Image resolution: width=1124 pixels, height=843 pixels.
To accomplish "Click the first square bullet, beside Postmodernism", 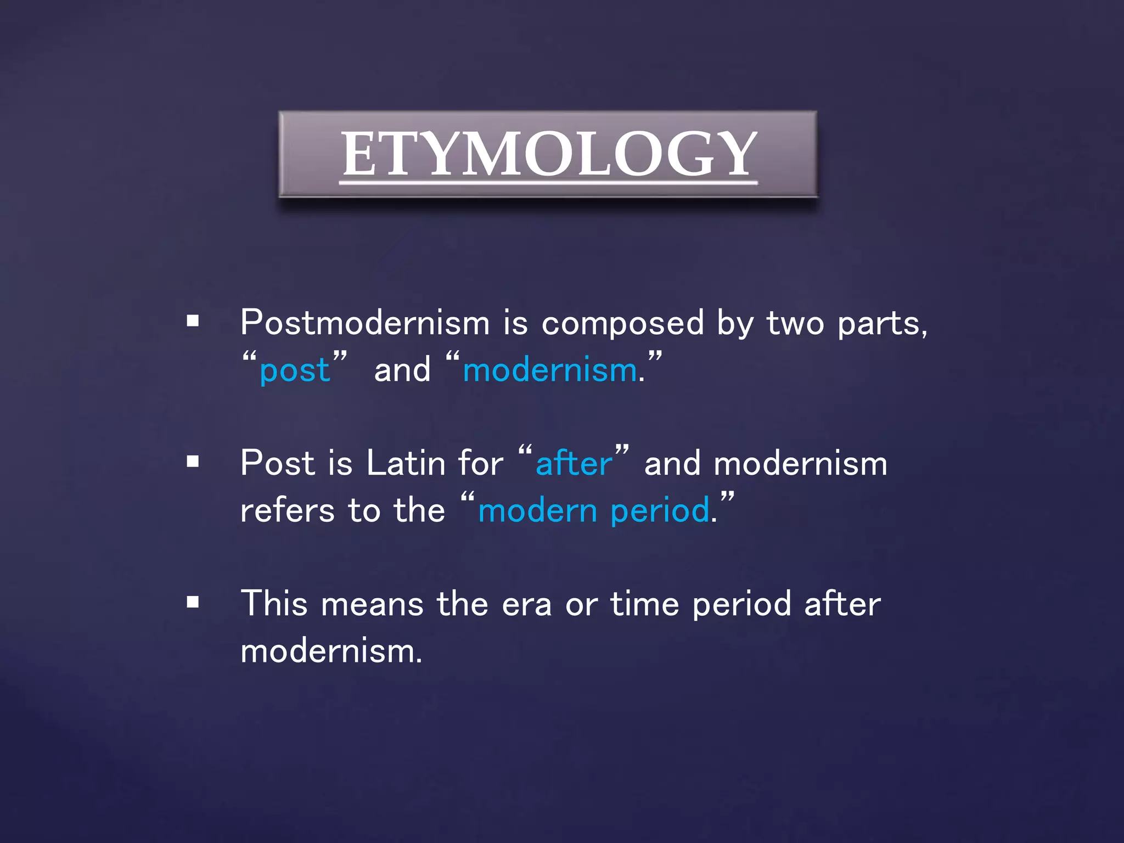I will [x=193, y=321].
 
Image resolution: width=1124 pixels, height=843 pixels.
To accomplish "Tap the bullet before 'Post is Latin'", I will [x=193, y=461].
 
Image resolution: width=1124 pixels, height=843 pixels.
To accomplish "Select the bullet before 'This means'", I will [x=193, y=602].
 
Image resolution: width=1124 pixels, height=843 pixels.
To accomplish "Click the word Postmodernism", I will [x=365, y=323].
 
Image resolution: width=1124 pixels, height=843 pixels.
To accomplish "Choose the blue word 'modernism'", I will [x=550, y=370].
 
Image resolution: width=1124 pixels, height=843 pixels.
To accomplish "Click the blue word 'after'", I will [x=574, y=463].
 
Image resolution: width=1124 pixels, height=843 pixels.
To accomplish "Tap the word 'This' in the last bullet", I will [x=274, y=604].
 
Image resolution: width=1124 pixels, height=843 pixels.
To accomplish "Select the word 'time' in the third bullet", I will [x=645, y=604].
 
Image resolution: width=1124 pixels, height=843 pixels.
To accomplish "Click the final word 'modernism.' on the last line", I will [x=331, y=652].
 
